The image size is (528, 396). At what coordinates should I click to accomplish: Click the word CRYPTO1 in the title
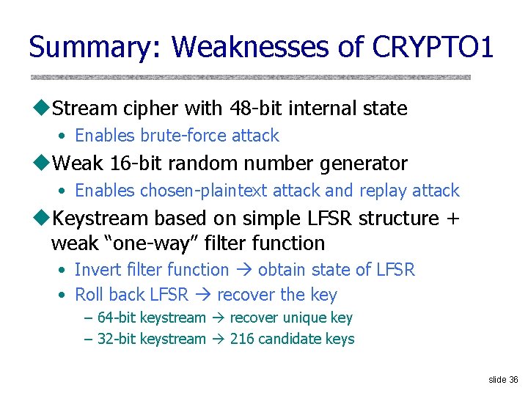[433, 47]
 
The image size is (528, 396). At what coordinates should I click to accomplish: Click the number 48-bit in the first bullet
[241, 109]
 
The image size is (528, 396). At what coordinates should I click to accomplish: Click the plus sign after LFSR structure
[452, 218]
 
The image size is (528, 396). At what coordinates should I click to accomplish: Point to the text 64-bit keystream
[151, 318]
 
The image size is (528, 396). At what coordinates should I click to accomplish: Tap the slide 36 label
[503, 379]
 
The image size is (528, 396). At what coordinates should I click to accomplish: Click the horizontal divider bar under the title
[250, 77]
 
